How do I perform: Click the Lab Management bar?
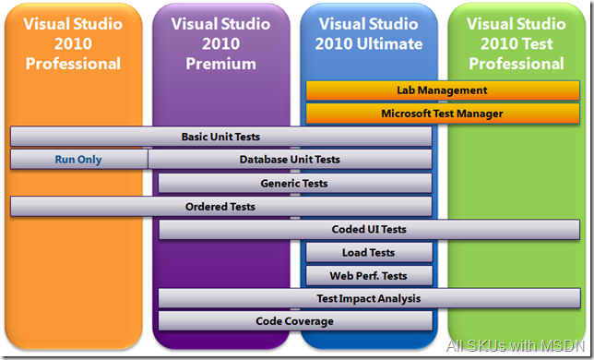coord(442,90)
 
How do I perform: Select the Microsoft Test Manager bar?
coord(442,114)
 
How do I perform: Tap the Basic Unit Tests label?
coord(220,137)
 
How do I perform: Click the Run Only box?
coord(78,160)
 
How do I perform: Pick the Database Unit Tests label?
coord(290,160)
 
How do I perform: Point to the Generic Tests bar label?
coord(293,183)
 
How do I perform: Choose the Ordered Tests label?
coord(220,206)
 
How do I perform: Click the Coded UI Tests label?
coord(369,229)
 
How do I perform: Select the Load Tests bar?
coord(368,252)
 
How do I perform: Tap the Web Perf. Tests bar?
coord(368,275)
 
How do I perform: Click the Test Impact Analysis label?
coord(368,298)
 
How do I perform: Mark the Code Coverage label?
coord(294,321)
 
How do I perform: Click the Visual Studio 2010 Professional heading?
coord(74,43)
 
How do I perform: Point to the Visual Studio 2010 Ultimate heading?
coord(369,34)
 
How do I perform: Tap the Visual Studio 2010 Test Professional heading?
coord(516,43)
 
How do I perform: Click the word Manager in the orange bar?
coord(478,114)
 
